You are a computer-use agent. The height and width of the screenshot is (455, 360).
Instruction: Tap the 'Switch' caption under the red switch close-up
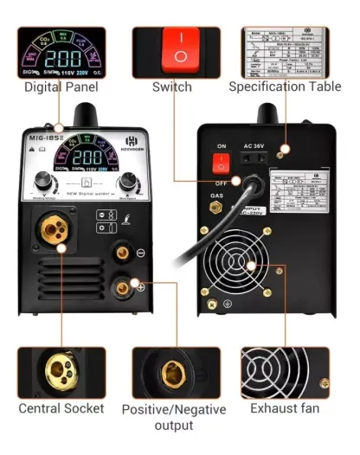click(171, 87)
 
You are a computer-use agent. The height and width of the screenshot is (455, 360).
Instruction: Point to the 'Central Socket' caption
click(61, 408)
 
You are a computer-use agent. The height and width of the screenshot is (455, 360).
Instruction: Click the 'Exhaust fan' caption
click(284, 408)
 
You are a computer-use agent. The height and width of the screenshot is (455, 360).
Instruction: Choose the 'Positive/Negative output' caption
click(173, 416)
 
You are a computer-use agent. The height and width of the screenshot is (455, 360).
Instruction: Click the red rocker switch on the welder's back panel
click(222, 161)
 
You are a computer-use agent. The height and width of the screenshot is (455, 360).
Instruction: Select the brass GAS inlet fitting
click(212, 210)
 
